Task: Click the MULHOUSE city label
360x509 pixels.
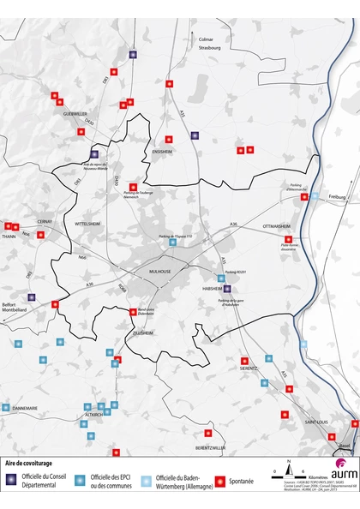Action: [160, 271]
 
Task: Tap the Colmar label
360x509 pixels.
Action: [205, 39]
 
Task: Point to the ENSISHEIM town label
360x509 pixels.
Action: [163, 151]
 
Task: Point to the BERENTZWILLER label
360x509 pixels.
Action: [210, 447]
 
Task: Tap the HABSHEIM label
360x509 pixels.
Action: [212, 289]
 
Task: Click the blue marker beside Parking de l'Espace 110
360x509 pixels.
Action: [174, 243]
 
